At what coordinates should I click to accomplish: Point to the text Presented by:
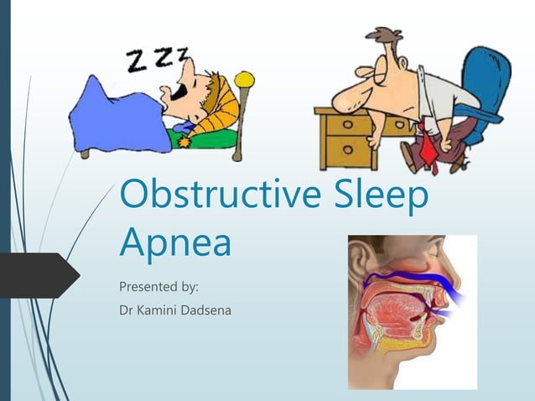pyautogui.click(x=158, y=287)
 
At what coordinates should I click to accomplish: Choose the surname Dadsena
pyautogui.click(x=209, y=312)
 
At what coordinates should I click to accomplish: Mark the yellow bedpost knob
pyautogui.click(x=244, y=79)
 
